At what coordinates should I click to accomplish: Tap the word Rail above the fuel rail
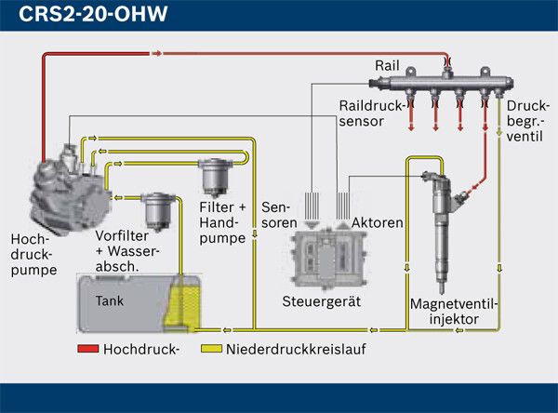[386, 65]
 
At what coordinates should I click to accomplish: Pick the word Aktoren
[377, 223]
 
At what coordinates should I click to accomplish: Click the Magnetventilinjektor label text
[455, 312]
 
